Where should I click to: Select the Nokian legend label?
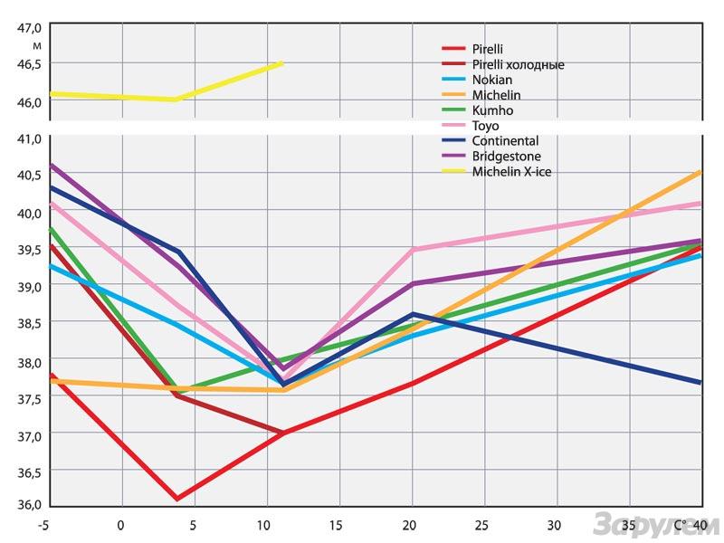[x=491, y=80]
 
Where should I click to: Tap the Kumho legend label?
[x=491, y=110]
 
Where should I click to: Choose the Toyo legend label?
[x=485, y=126]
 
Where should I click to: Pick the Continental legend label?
[x=505, y=141]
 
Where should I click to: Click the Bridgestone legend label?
[x=506, y=157]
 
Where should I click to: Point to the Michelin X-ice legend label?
[x=511, y=172]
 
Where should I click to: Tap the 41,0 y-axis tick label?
[x=30, y=138]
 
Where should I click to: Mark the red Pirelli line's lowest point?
[x=176, y=499]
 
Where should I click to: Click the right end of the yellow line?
[x=282, y=62]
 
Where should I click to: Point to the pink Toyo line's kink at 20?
[x=413, y=249]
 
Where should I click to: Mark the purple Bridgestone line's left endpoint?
[x=51, y=165]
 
